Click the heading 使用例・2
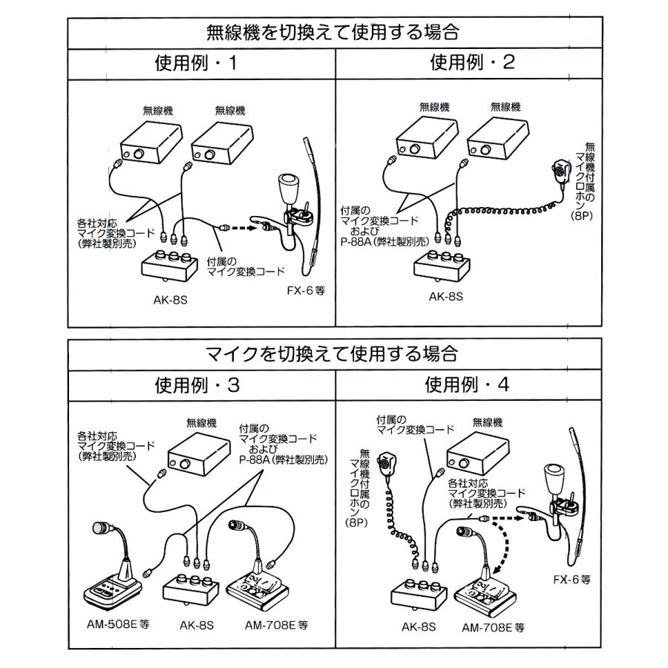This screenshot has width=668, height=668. pyautogui.click(x=472, y=62)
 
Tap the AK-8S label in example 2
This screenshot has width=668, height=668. pyautogui.click(x=445, y=295)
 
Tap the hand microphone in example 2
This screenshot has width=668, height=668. pyautogui.click(x=557, y=172)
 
